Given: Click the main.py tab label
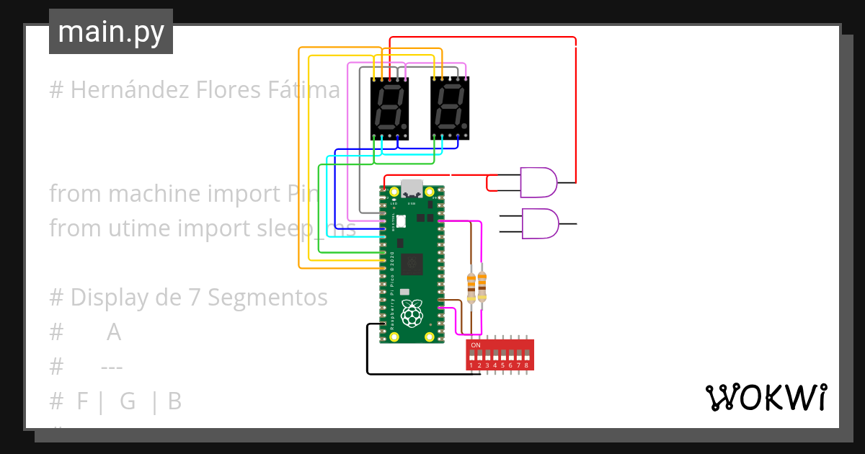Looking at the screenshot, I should [x=111, y=32].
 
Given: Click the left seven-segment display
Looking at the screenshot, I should [x=389, y=108].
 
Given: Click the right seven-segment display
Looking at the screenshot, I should [x=450, y=108].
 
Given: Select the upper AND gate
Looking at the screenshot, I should [x=538, y=183].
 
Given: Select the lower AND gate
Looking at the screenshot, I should [x=538, y=224].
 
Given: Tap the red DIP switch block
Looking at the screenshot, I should [x=500, y=355].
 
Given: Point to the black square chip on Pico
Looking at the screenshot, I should [x=412, y=264].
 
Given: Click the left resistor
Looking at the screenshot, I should [x=471, y=286].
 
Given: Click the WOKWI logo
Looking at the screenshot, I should [x=766, y=398].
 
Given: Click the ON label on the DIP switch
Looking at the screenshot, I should [x=475, y=345].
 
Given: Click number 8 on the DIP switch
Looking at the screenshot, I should [x=527, y=366].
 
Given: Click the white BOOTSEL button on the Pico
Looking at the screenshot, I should [x=401, y=221].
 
